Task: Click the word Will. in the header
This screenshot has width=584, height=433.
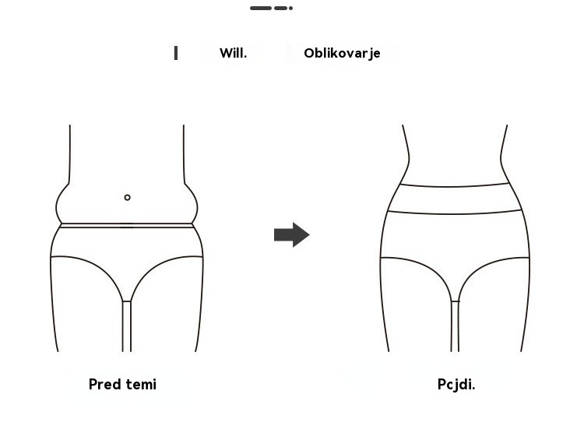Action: point(233,53)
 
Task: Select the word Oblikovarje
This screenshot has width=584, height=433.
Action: point(342,53)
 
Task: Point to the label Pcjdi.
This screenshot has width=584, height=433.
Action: point(456,385)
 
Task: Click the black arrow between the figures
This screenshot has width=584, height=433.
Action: point(292,234)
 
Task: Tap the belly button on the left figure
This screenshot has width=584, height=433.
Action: point(128,198)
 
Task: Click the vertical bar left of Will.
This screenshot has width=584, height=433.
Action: point(176,53)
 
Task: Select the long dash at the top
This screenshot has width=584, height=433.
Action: point(261,8)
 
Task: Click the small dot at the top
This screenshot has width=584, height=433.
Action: point(290,8)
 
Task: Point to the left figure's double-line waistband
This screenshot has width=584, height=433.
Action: point(127,225)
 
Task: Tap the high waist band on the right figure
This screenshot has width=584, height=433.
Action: point(455,199)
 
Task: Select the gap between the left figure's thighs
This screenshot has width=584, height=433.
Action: point(127,326)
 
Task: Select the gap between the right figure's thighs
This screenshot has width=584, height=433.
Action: point(455,326)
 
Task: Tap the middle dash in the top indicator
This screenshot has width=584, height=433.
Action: point(280,8)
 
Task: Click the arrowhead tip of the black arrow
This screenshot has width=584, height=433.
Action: point(309,234)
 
